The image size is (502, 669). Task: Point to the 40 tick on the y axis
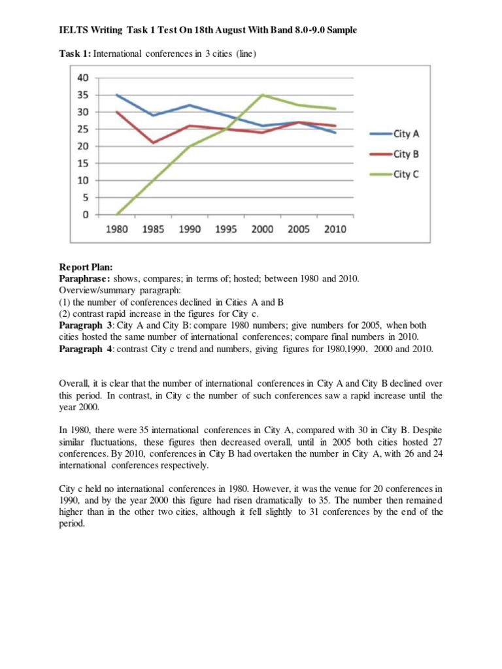[83, 78]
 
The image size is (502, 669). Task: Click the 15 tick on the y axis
[83, 163]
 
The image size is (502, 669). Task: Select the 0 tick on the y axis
[86, 214]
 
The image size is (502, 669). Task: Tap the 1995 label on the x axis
[226, 230]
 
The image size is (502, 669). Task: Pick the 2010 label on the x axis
[334, 230]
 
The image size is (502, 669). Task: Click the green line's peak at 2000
[262, 95]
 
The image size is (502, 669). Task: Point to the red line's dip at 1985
[154, 142]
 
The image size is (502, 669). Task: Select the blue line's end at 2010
[335, 133]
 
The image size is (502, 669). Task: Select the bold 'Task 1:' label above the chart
[74, 53]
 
